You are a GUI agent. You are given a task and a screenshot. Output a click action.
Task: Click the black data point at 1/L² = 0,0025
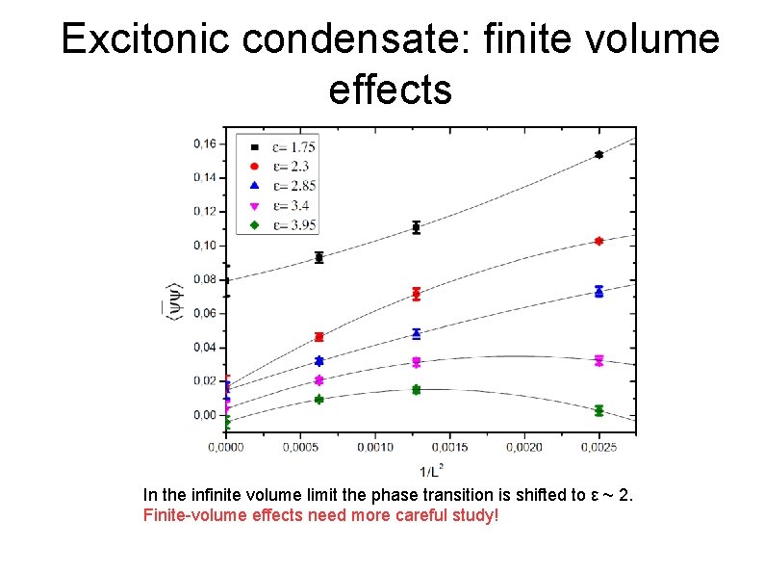598,154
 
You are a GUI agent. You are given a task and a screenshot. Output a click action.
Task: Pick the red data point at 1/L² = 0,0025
598,241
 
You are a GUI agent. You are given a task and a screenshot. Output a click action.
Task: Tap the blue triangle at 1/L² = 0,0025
598,291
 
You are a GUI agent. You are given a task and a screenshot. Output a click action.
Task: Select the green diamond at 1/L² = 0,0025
598,410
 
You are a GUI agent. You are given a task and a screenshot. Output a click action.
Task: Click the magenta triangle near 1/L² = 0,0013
416,362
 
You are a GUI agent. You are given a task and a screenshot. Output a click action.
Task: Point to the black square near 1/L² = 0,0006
319,257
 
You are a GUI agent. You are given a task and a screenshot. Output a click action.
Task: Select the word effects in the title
390,89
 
